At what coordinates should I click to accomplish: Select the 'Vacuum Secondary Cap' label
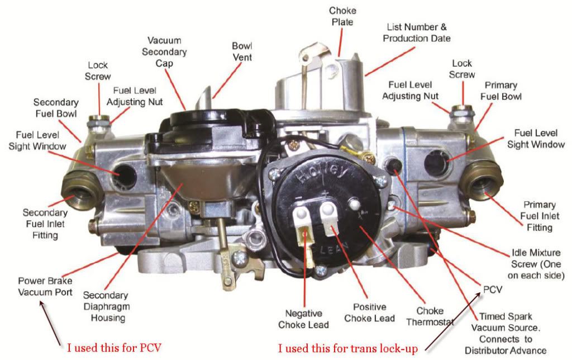click(168, 52)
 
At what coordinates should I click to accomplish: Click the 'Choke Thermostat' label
click(431, 316)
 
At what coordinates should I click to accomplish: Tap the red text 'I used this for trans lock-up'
click(349, 348)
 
